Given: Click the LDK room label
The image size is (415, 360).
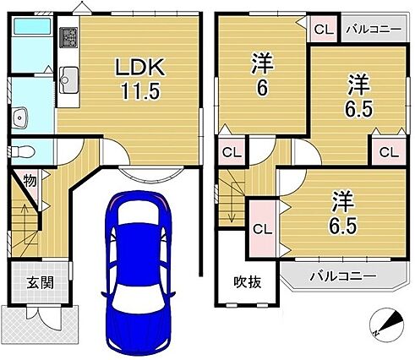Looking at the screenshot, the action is point(140,68).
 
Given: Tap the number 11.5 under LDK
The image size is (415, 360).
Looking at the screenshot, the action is point(140,90).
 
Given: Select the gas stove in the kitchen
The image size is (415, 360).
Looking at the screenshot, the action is point(68,37).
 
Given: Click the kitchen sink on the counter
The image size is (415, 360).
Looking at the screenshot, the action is point(68,80).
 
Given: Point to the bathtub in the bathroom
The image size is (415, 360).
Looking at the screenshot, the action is point(32,26).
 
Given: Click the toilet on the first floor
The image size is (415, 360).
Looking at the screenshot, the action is point(23,152).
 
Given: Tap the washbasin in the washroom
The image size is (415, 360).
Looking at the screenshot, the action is point(20,117).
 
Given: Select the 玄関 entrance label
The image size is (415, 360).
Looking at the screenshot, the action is point(41,283).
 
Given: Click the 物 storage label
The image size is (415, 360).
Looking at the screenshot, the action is point(30,181).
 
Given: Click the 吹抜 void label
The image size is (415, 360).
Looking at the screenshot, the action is point(248,282).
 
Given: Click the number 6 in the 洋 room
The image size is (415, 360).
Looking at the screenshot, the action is point(262,89).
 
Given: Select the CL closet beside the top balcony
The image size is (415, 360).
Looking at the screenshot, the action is point(324,30).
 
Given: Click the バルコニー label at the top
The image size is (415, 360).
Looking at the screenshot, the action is point(374,30).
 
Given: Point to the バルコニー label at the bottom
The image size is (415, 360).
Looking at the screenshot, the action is point(343,276).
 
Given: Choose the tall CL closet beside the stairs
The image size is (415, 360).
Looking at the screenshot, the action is point(262,229).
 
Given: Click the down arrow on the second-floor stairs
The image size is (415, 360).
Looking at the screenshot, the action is point(232,202).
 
